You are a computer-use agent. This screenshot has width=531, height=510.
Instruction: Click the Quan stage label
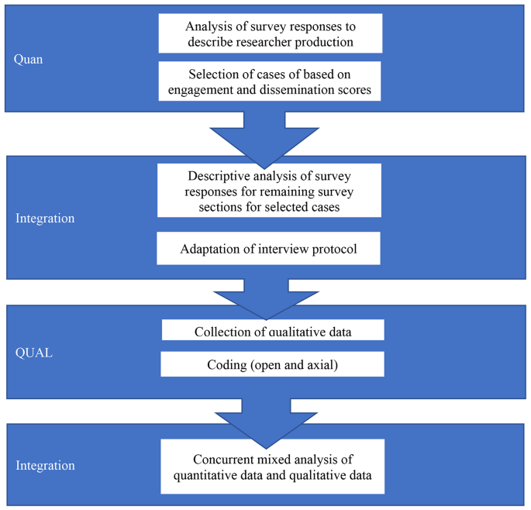tap(28, 59)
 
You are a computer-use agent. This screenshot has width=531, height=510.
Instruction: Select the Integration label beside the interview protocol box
tap(45, 219)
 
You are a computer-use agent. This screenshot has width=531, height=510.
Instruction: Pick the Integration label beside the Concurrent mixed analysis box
tap(45, 466)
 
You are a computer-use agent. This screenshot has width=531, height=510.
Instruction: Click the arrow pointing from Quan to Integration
tap(267, 135)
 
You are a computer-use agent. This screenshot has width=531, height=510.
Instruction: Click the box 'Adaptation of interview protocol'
tap(268, 250)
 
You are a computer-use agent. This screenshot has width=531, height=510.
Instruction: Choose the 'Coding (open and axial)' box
tap(272, 364)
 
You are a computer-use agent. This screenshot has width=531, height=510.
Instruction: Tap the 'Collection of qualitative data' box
tap(273, 332)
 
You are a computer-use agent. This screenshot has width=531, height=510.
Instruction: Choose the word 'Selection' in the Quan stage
tap(215, 74)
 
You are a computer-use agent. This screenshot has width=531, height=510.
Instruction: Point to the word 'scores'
tap(353, 90)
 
